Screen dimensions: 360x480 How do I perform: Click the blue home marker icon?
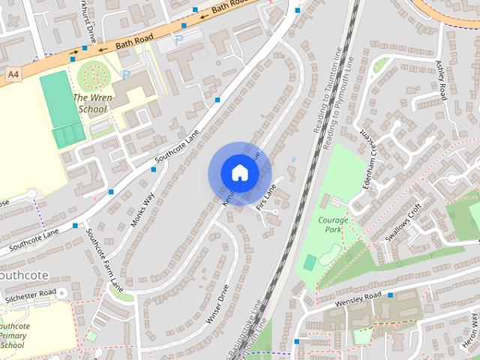point(239,172)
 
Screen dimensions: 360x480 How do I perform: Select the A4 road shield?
point(13,75)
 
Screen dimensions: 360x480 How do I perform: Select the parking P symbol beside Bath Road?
point(178,39)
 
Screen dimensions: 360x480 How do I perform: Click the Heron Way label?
point(475,330)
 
